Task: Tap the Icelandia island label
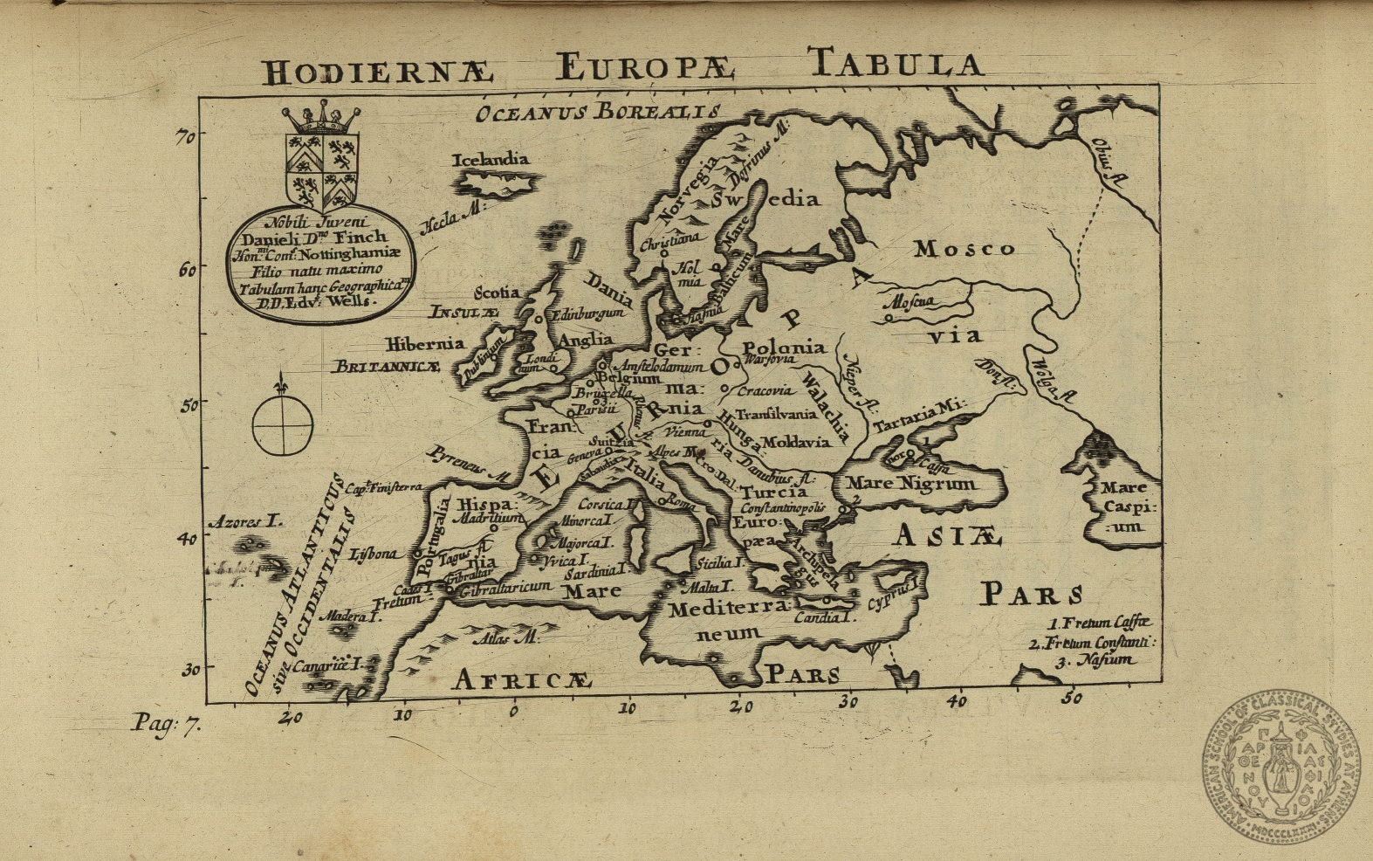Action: pos(491,160)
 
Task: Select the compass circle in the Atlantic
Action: pos(283,424)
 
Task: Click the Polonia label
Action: pos(784,348)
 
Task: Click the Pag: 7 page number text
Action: pos(166,724)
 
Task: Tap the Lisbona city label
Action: pos(374,554)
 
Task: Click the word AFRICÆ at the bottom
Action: pos(523,679)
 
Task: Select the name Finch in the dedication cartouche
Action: pos(360,237)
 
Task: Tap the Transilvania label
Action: pos(776,414)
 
